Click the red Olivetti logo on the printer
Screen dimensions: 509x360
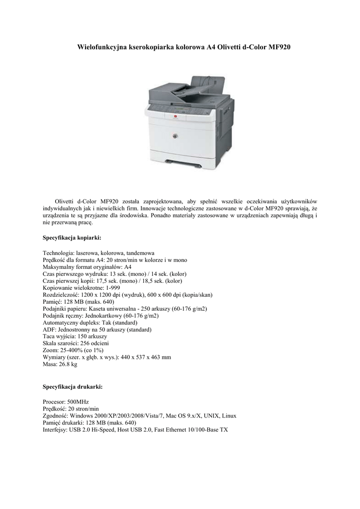tap(175, 116)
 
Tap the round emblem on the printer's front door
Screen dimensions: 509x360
tap(175, 136)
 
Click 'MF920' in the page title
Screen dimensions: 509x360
tap(280, 47)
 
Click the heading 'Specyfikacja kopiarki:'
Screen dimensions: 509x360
tap(72, 238)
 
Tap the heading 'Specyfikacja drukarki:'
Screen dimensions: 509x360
tap(73, 386)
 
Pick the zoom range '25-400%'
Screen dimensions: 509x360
tap(72, 350)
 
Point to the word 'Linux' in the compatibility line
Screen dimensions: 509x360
tap(229, 415)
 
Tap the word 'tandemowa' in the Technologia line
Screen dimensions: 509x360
tap(141, 253)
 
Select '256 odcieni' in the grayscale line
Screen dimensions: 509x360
tap(95, 343)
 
